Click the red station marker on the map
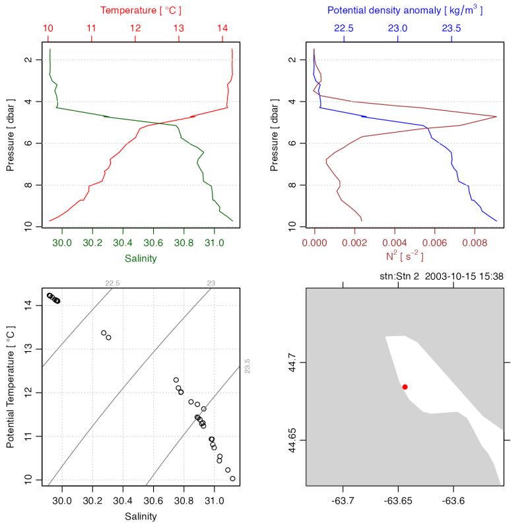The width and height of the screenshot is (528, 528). [x=405, y=387]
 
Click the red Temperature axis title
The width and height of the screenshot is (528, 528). [x=141, y=11]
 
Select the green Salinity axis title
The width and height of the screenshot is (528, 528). [x=141, y=258]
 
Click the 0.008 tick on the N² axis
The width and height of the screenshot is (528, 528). [x=475, y=242]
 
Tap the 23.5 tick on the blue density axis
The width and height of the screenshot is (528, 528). [x=451, y=29]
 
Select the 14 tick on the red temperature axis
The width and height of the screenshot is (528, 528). [x=222, y=29]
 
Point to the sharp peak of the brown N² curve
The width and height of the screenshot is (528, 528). [x=496, y=117]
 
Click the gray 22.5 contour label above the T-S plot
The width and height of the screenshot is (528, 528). [x=112, y=283]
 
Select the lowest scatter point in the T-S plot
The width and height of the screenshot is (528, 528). [x=232, y=478]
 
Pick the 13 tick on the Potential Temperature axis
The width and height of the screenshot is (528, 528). [x=30, y=348]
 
